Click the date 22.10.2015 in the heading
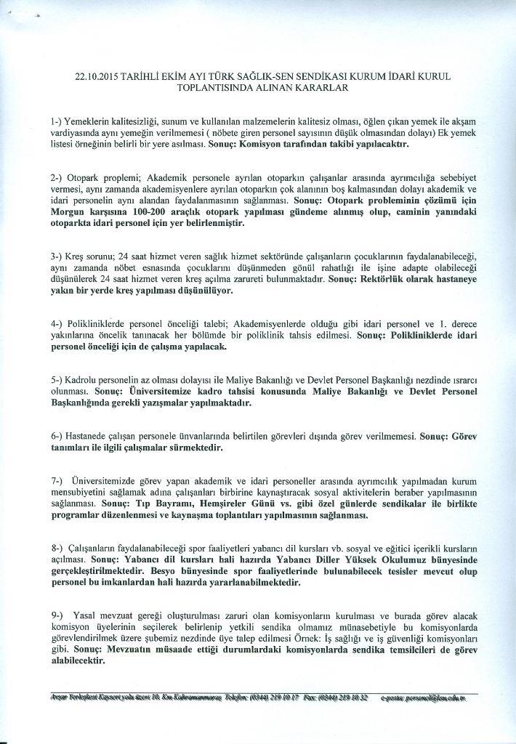[97, 76]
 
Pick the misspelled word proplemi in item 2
[104, 177]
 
